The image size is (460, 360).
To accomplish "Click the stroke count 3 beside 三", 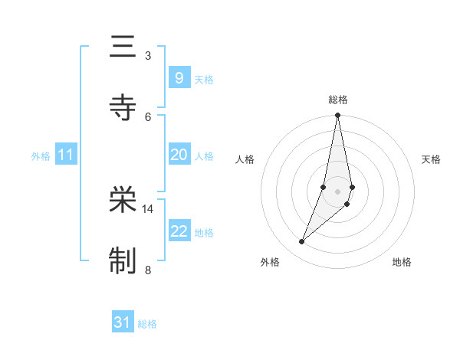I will (148, 56).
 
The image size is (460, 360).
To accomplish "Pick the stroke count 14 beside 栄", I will (148, 208).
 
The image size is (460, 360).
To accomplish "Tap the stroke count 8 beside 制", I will (148, 269).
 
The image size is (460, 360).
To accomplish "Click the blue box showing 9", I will (179, 77).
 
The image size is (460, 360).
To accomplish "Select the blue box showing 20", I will (179, 155).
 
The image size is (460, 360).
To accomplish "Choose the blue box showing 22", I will (179, 231).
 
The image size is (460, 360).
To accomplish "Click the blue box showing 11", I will (66, 155).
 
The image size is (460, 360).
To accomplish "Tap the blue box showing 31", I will (123, 322).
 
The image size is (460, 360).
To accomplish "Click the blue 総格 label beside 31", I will (147, 324).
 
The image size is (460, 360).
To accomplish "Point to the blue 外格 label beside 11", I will (41, 156).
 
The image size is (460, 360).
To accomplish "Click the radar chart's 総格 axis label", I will (337, 100).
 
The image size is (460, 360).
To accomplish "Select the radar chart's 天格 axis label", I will (431, 159).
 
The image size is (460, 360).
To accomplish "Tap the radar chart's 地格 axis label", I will (402, 263).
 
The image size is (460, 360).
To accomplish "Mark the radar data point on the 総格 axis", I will (337, 116).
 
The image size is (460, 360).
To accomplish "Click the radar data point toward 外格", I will (301, 242).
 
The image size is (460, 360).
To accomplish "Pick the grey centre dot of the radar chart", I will (337, 191).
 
